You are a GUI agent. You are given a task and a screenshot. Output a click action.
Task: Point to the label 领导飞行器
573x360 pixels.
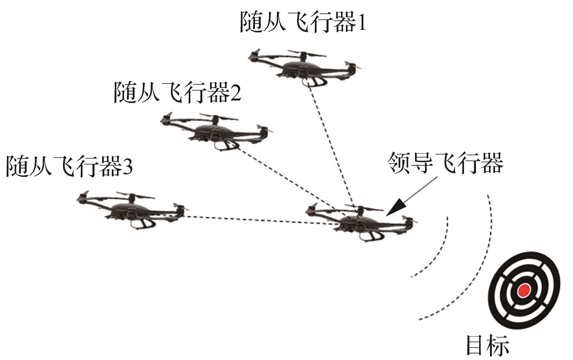(445, 163)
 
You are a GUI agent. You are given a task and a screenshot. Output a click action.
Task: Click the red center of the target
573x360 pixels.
(523, 290)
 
